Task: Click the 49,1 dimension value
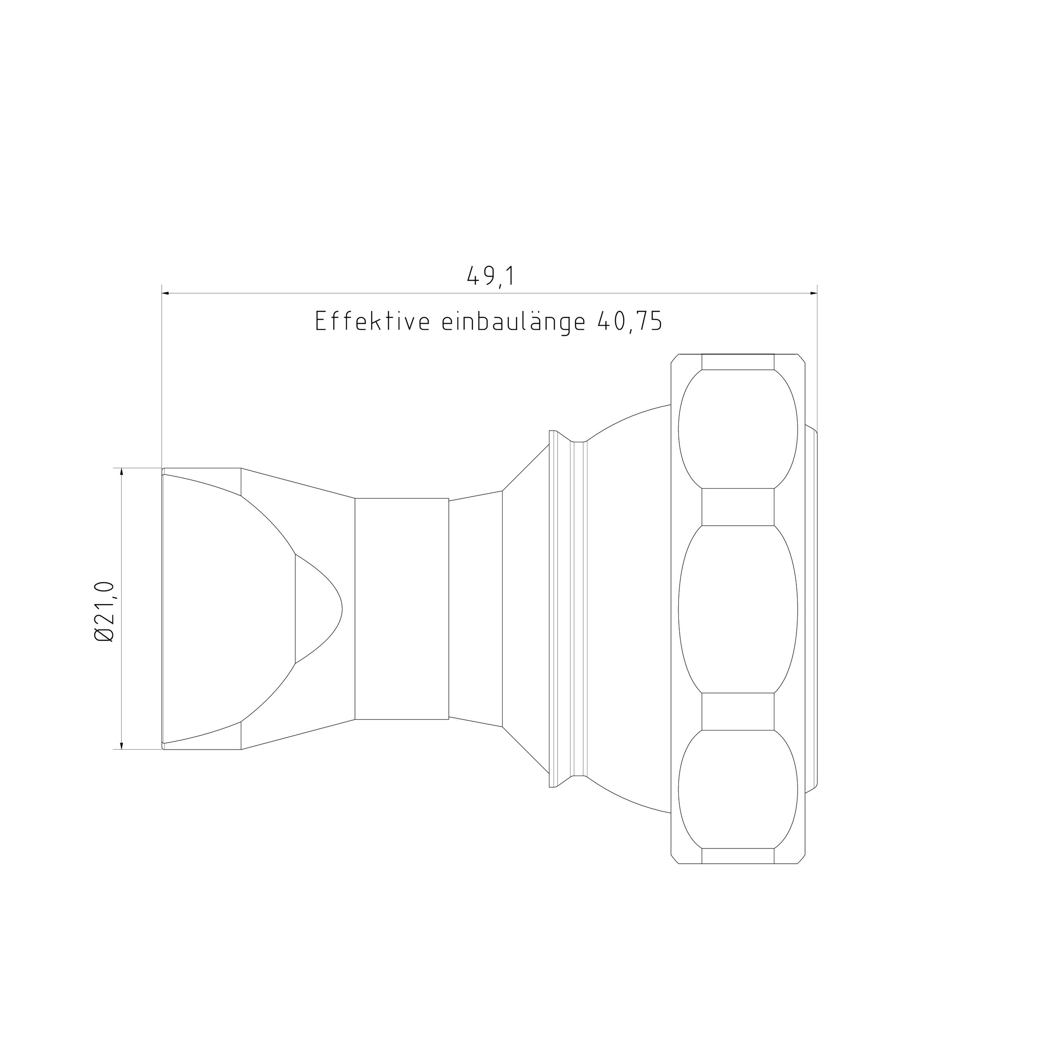coord(491,277)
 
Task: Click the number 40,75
coord(630,322)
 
